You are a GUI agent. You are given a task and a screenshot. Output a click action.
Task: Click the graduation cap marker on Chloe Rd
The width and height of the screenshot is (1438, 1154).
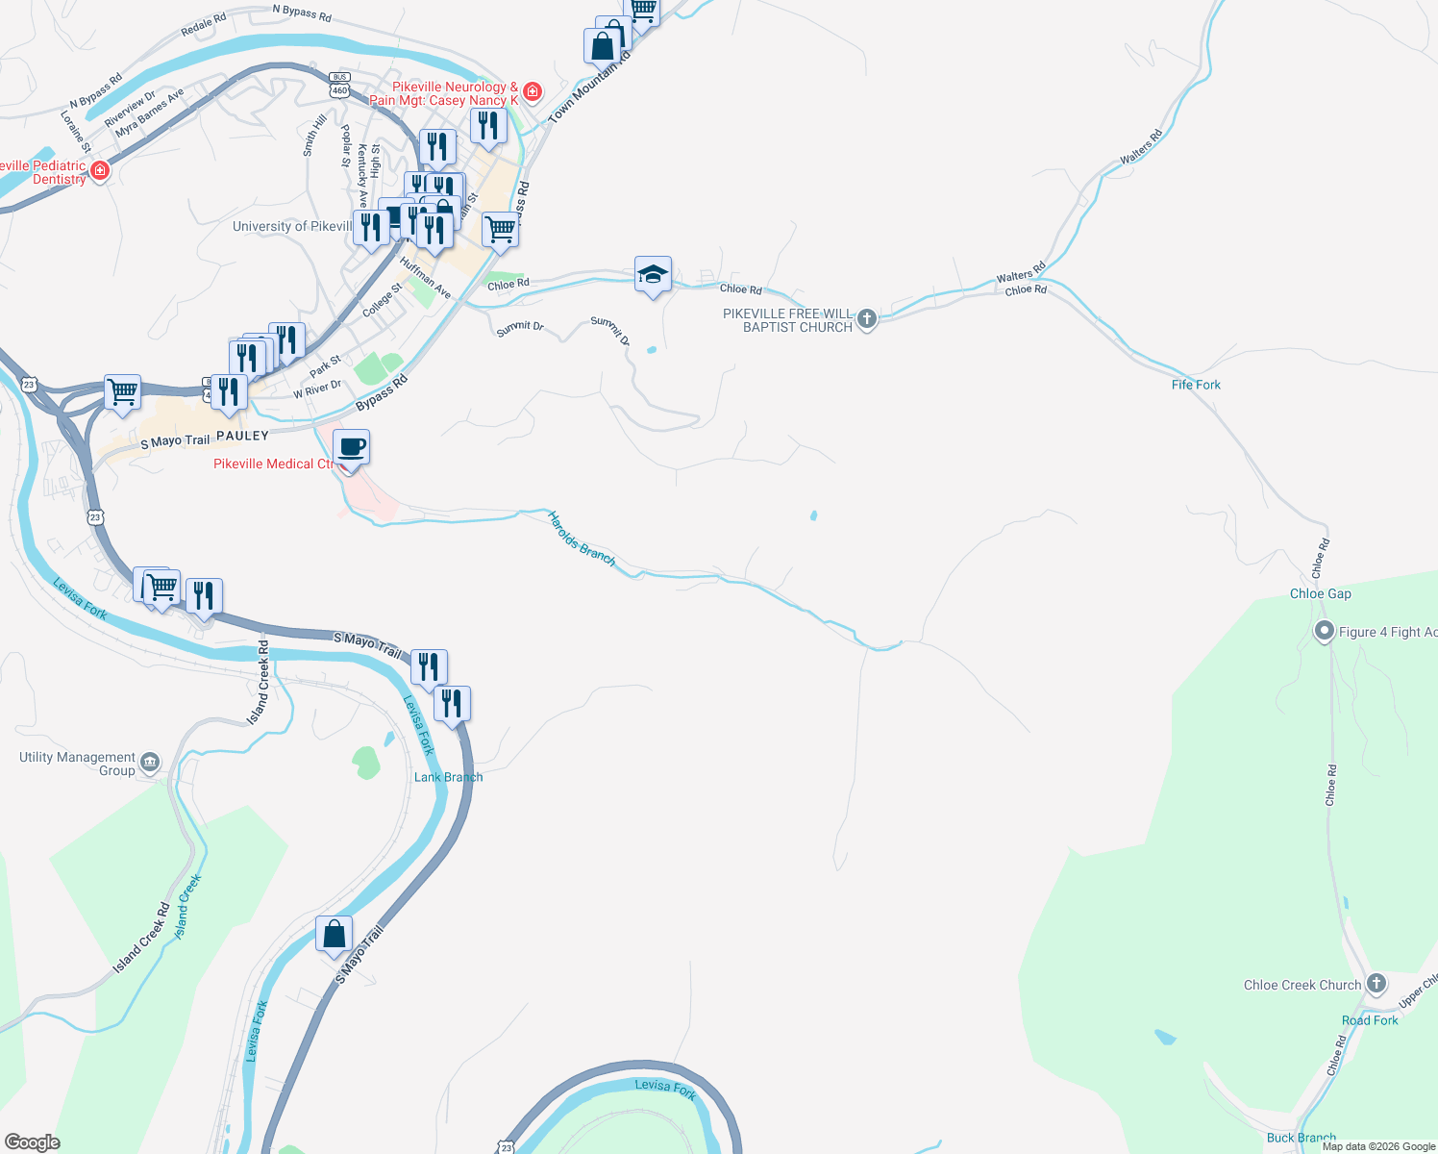point(653,275)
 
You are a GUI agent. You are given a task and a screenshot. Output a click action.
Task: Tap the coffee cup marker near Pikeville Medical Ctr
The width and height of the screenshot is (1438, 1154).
point(351,448)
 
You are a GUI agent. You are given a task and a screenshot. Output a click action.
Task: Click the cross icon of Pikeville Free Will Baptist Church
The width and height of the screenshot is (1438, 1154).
point(867,318)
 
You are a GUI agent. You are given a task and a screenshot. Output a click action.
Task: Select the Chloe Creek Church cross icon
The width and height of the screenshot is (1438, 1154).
point(1376,983)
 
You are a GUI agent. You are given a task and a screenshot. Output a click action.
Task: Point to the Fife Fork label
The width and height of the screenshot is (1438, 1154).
point(1196,385)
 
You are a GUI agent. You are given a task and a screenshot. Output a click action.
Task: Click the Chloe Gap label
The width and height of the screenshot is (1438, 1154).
point(1320,593)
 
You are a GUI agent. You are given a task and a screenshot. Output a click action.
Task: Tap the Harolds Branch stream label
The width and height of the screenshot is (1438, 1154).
point(581,538)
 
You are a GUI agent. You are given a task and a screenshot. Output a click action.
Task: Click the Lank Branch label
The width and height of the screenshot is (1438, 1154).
point(448,777)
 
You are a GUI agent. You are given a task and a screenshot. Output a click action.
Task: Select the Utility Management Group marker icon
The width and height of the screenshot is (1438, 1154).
point(150,763)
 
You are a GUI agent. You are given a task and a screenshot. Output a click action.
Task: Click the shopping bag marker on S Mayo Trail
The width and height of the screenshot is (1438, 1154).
point(334,935)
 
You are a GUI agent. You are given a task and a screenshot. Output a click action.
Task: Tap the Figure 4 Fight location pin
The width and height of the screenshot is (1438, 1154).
point(1324,632)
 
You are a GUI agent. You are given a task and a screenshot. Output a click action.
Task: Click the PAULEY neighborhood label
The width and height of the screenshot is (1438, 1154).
point(242,436)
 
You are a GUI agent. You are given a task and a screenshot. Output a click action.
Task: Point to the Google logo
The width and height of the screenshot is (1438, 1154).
point(33,1142)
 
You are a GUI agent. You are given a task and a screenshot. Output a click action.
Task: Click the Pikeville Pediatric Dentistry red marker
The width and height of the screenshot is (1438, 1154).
point(100,171)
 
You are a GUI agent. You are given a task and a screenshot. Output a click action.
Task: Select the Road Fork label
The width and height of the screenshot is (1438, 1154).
point(1370,1020)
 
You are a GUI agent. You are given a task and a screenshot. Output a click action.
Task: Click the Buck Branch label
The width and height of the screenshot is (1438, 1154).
point(1301,1138)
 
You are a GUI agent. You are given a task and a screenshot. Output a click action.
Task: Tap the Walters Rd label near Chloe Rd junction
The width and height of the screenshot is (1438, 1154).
point(1020,273)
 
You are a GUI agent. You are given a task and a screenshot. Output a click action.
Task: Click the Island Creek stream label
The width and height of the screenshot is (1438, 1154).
point(187,906)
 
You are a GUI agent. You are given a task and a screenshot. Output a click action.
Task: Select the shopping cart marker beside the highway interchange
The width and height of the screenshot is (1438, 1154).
point(122,392)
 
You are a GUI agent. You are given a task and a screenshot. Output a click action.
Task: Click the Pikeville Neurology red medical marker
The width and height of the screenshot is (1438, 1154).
point(532,92)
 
